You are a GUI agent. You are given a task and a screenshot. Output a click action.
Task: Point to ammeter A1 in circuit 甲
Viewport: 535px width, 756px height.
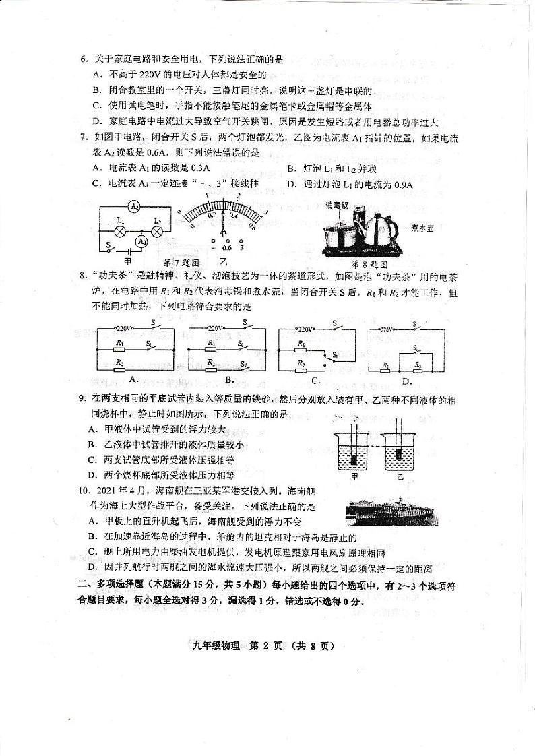[141, 241]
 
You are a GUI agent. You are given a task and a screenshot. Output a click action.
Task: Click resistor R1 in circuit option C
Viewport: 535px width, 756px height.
[301, 344]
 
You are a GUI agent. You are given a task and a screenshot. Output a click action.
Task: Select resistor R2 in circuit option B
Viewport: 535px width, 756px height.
[211, 364]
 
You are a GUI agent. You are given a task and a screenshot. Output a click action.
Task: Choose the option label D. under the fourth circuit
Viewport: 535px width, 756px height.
[407, 381]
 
